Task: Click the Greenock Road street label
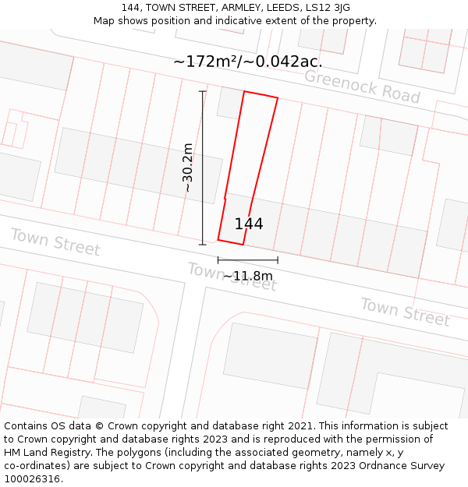[x=362, y=86]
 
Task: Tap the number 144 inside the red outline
[x=249, y=224]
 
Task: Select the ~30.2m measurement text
[x=188, y=168]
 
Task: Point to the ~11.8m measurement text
[x=248, y=276]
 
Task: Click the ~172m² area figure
[x=205, y=61]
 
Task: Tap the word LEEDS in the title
[x=281, y=8]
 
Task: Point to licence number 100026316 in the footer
[x=34, y=479]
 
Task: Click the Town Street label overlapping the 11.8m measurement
[x=232, y=277]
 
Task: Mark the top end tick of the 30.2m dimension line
[x=203, y=92]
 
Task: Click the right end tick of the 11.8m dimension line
[x=278, y=260]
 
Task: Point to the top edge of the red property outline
[x=261, y=95]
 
